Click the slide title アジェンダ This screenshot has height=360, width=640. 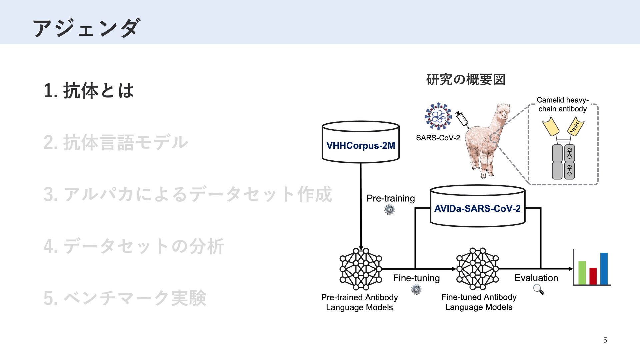tap(86, 28)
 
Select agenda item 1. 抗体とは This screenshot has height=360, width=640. tap(89, 91)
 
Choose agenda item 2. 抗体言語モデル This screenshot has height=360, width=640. tap(116, 142)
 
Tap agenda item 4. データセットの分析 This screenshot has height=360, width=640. tap(134, 246)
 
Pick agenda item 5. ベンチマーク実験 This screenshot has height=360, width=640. tap(125, 298)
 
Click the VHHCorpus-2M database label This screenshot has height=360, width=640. tap(361, 146)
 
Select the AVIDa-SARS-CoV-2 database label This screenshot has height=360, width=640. tap(477, 209)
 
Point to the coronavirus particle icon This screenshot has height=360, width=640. tap(438, 116)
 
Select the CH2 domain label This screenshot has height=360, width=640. tap(569, 153)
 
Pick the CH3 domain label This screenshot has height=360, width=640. tap(569, 170)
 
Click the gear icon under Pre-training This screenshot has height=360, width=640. tap(389, 210)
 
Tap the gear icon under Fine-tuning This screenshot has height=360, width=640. tap(416, 289)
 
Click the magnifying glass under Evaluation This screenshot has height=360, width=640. tap(538, 289)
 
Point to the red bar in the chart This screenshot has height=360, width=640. tap(593, 276)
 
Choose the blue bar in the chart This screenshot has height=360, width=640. tap(604, 268)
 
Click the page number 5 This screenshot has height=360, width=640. tap(605, 340)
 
